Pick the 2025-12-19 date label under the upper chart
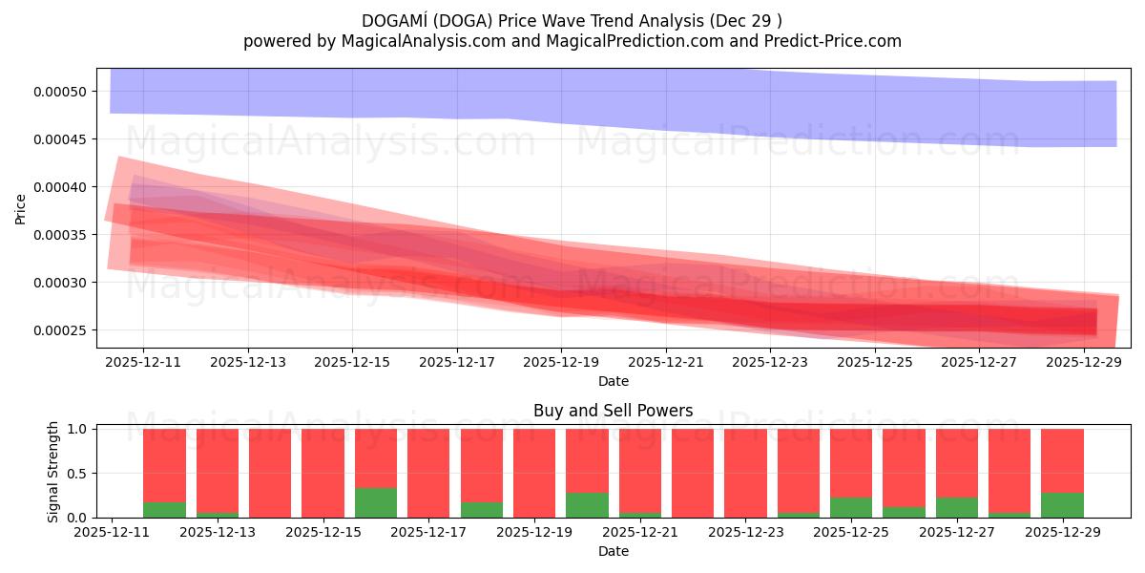tap(561, 363)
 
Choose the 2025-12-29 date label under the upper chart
tap(1084, 363)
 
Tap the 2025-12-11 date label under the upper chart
tap(143, 363)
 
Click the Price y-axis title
tap(21, 208)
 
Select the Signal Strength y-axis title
tap(53, 472)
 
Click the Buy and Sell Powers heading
tap(613, 411)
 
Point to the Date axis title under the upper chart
tap(613, 381)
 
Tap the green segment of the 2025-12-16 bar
tap(376, 502)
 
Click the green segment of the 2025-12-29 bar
tap(1062, 505)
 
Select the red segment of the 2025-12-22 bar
tap(693, 473)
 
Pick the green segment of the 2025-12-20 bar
tap(587, 505)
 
